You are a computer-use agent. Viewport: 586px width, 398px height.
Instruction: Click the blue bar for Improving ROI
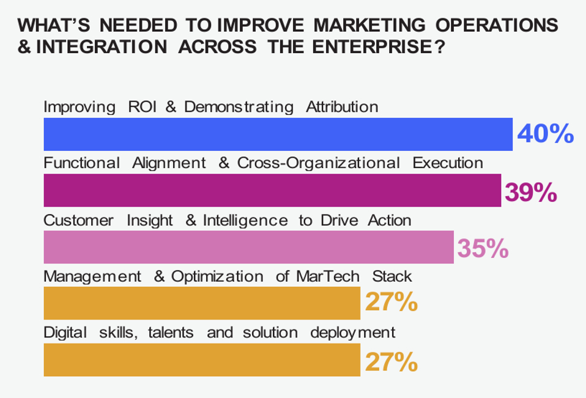click(278, 134)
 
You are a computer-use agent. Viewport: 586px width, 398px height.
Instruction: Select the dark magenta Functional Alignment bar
click(272, 190)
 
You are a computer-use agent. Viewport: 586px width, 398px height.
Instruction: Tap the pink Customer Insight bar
click(248, 247)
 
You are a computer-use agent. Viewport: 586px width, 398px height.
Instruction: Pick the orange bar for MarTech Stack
click(202, 303)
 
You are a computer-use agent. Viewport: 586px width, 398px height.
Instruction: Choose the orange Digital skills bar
click(202, 359)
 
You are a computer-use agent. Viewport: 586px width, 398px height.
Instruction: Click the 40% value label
click(545, 134)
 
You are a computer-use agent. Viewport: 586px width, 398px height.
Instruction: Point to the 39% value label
click(530, 192)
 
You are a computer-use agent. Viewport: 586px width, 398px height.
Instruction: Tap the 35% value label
click(483, 248)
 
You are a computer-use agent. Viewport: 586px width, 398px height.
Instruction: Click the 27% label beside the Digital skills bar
click(391, 361)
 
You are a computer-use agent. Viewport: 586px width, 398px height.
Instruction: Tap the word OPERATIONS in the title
click(497, 25)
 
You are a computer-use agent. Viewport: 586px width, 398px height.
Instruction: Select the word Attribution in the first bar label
click(342, 107)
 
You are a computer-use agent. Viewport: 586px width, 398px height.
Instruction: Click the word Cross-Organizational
click(318, 163)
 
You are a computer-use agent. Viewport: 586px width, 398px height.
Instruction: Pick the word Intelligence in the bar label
click(245, 220)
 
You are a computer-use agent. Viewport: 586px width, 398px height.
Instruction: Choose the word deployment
click(353, 333)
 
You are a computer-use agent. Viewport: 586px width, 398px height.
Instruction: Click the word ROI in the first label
click(143, 107)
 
